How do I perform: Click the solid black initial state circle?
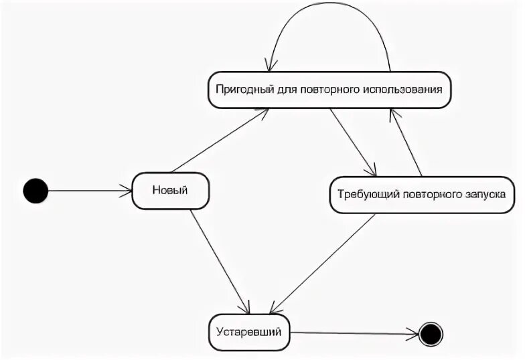(x=35, y=191)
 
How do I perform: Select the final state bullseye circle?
(x=431, y=333)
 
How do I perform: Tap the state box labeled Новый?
(x=170, y=191)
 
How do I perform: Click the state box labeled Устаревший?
(x=249, y=331)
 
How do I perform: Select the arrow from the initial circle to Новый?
(x=90, y=191)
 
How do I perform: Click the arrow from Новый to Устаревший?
(x=219, y=261)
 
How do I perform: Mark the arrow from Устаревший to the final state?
(x=355, y=333)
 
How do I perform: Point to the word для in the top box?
(x=285, y=89)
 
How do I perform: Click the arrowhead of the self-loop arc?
(x=269, y=65)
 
